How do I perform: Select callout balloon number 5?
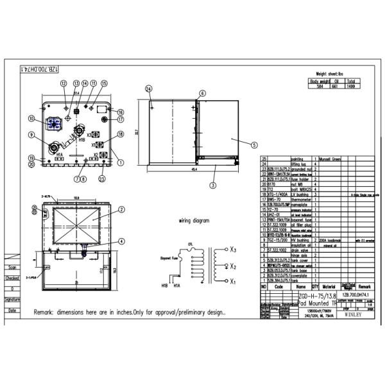coord(254,145)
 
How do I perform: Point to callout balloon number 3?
coord(214,185)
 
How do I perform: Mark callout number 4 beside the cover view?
coord(122,241)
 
